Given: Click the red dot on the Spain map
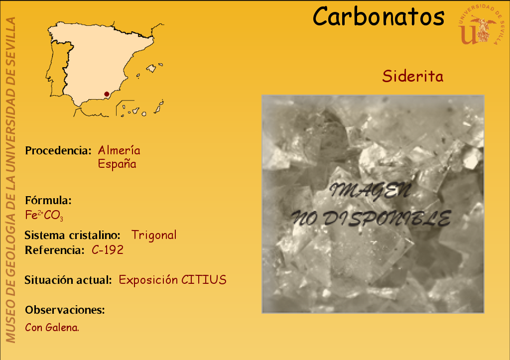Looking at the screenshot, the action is (107, 94).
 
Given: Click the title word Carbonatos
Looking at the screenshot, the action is (379, 16).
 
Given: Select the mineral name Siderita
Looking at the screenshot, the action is (413, 76).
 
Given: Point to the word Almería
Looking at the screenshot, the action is (119, 150).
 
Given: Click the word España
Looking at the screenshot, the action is (117, 164).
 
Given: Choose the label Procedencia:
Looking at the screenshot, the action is (58, 150).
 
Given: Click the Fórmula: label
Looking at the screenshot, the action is (48, 200).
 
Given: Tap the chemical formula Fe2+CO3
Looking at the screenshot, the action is (44, 215).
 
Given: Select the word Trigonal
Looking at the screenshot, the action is (154, 235).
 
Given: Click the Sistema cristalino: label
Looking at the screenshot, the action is (72, 235).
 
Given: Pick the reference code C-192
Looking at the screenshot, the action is (108, 250).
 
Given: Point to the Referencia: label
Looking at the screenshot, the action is (55, 250).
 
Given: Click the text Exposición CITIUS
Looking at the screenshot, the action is (172, 280).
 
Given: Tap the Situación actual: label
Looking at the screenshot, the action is (68, 280).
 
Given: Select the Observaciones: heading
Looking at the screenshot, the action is (65, 310).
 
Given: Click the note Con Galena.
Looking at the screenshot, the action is (52, 328).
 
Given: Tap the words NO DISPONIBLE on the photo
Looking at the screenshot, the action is (371, 218).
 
